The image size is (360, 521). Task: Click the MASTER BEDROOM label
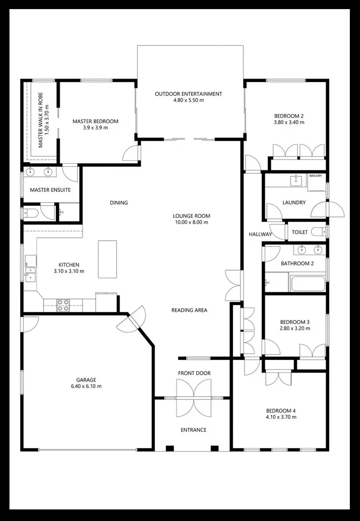point(95,121)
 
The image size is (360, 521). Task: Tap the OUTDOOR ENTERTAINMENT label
point(188,94)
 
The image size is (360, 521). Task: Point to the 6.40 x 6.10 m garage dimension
point(86,387)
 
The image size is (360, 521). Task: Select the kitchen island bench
point(107,259)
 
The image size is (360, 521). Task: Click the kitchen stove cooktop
point(63,304)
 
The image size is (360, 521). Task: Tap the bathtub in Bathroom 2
point(308,282)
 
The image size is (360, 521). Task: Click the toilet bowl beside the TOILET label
point(318,232)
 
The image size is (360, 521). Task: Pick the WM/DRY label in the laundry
point(315,176)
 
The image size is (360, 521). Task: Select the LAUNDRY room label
point(294,203)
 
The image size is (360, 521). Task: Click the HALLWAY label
point(260,234)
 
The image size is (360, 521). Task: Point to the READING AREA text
point(189,310)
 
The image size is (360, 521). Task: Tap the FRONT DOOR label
point(194,374)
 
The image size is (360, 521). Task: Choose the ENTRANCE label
point(193,430)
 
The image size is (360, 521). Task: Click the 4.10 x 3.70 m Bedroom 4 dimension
point(281,417)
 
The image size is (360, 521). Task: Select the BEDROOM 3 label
point(295,322)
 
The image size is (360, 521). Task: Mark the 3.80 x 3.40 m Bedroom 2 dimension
point(289,122)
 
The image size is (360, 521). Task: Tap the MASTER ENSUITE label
point(50,190)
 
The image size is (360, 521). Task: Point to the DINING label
point(119,203)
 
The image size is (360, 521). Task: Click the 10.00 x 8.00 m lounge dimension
point(191,222)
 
